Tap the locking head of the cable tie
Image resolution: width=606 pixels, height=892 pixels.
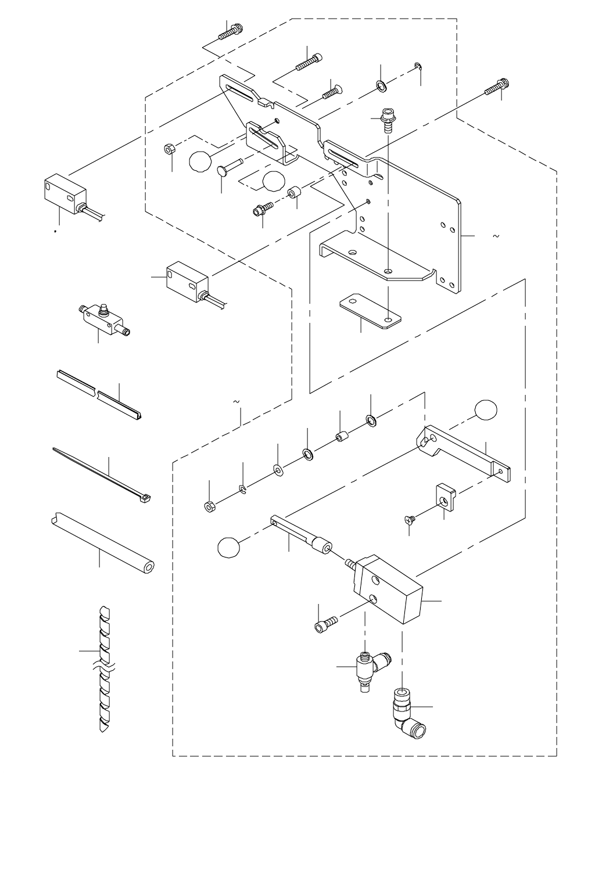click(x=145, y=497)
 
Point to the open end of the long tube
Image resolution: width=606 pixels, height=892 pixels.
click(x=149, y=566)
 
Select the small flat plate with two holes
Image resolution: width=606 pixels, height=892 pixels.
click(x=370, y=312)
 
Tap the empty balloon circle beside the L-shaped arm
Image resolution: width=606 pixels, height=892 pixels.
click(x=486, y=410)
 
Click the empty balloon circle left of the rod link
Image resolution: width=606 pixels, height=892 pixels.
click(x=229, y=547)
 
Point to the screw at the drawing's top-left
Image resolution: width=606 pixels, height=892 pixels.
click(x=232, y=31)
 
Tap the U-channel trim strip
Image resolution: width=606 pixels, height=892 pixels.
click(x=99, y=394)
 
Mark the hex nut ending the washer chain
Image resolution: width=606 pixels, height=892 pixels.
click(x=209, y=506)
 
